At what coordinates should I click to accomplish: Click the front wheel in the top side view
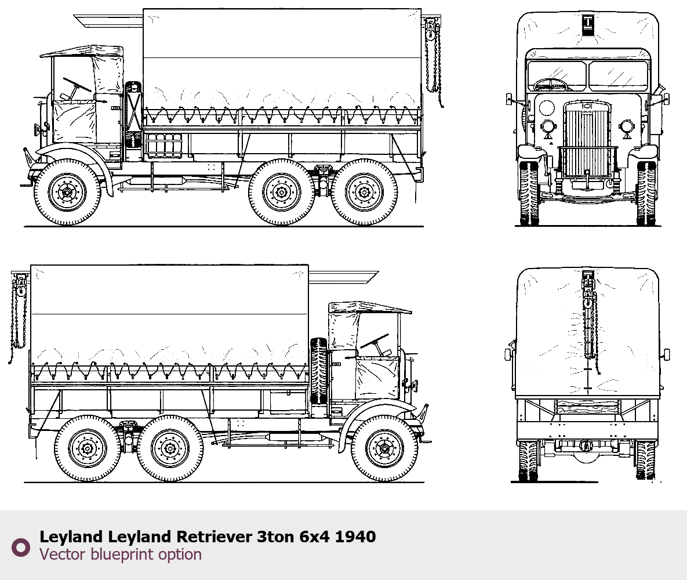click(x=67, y=192)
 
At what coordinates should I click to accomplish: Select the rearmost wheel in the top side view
click(x=364, y=192)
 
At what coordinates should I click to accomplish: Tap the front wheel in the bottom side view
click(x=384, y=448)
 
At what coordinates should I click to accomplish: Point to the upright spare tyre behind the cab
click(x=319, y=371)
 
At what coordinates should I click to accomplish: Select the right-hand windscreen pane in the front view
click(x=618, y=76)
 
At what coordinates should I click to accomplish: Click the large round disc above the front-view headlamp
click(x=546, y=107)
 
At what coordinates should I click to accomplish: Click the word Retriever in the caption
click(x=215, y=536)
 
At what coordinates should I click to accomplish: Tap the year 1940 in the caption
click(x=355, y=536)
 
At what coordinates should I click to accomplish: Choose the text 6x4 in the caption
click(x=315, y=536)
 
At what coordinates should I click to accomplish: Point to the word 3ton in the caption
click(x=276, y=536)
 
